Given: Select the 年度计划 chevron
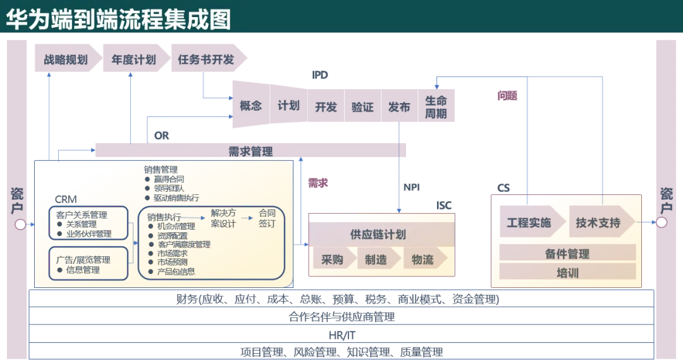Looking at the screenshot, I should tap(133, 60).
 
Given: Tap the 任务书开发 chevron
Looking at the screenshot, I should tap(206, 60).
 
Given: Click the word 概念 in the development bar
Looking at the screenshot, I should tap(250, 106).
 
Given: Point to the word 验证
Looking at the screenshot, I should tap(362, 107).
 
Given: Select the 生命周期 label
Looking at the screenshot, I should tap(436, 107).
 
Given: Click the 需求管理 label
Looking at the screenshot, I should tap(250, 152).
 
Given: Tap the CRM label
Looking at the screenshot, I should tap(66, 200).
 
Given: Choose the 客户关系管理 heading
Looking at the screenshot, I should tap(82, 214).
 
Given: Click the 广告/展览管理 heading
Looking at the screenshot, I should tap(83, 259).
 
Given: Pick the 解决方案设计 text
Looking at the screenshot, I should tap(223, 218).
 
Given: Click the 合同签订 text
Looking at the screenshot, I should tap(268, 218).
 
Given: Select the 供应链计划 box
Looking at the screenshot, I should tap(378, 234).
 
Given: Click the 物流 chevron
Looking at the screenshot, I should tap(422, 259).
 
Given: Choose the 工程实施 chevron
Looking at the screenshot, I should tap(529, 223).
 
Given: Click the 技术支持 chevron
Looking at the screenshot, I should tap(598, 223).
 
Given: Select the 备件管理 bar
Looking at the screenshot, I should tap(567, 254).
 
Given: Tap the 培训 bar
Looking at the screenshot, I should tap(567, 273).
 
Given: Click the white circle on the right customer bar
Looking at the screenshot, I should tap(661, 222).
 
